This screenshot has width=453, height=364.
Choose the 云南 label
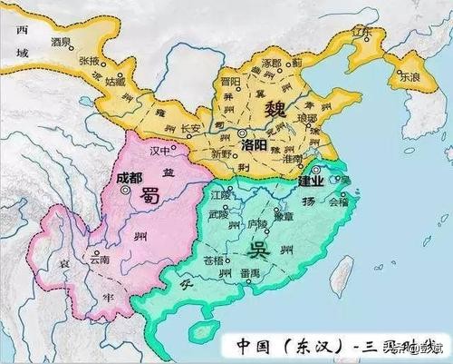point(99,259)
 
